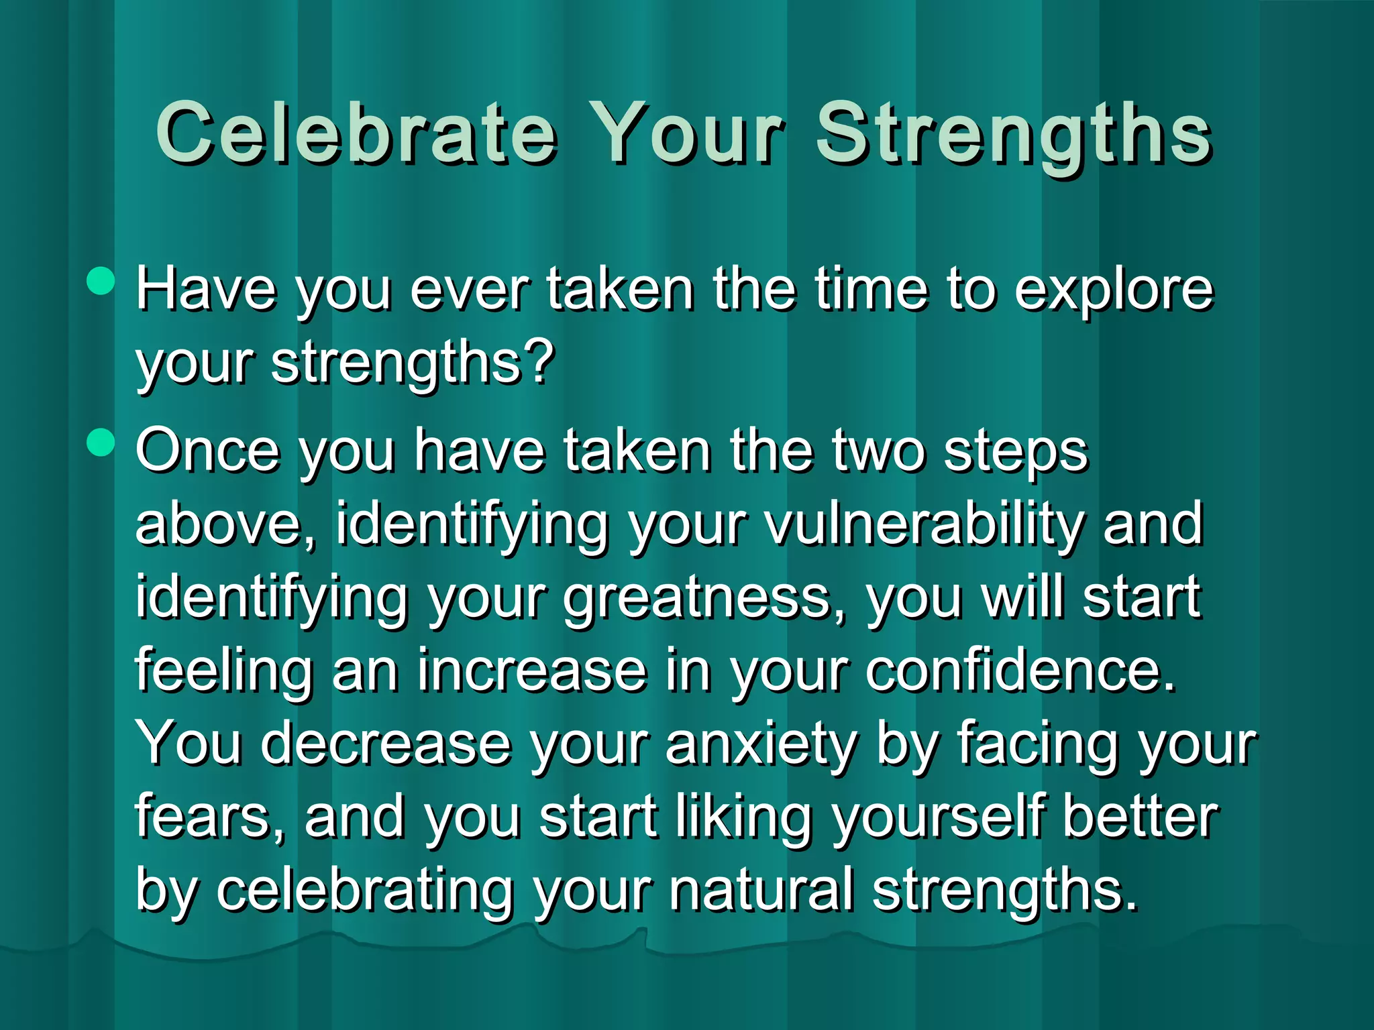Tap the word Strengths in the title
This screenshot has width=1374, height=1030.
tap(1013, 134)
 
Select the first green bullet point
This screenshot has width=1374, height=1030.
tap(101, 280)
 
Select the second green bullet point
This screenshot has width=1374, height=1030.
tap(101, 442)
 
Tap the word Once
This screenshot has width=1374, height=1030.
tap(207, 451)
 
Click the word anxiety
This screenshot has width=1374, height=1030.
tap(761, 744)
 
